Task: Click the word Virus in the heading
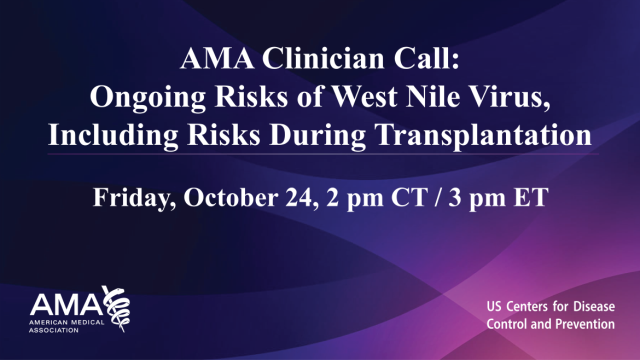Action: pyautogui.click(x=513, y=97)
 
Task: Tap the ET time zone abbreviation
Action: pyautogui.click(x=531, y=197)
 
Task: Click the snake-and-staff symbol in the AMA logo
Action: pyautogui.click(x=116, y=307)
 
